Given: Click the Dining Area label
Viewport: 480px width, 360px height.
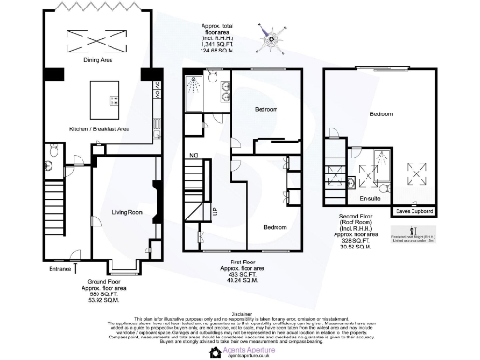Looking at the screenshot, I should coord(99,61).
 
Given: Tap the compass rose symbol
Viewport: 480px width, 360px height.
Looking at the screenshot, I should coord(269,38).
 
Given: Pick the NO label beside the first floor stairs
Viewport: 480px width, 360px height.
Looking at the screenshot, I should coord(194,155).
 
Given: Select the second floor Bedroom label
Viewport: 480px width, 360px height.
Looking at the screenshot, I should coord(382,113).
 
